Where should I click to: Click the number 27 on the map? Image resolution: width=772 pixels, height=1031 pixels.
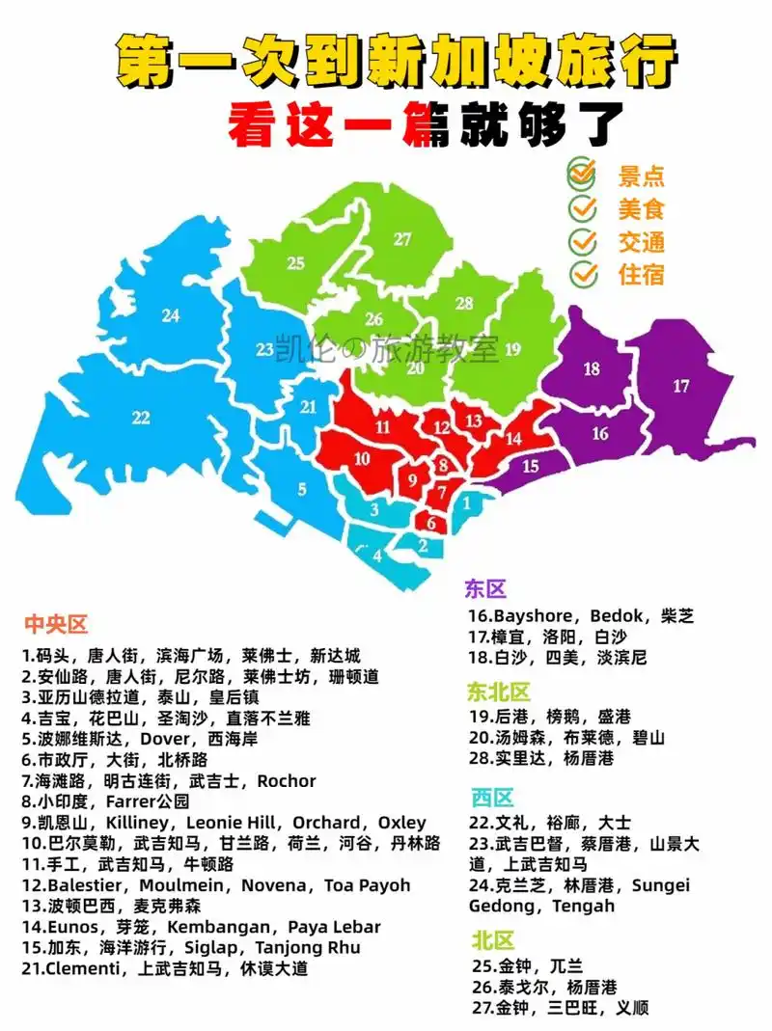pos(402,239)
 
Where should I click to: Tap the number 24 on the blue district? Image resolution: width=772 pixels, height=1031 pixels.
pos(171,314)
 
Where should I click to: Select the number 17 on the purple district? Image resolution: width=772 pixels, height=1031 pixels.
pos(681,386)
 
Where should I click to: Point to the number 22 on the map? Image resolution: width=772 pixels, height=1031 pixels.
pos(142,417)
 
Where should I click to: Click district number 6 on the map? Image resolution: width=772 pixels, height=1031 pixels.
pos(431,525)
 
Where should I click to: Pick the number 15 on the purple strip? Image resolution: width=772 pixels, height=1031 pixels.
pos(531,466)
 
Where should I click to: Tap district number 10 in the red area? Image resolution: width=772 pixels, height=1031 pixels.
pos(362,459)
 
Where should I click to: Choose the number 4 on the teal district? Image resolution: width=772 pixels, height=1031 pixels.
pos(377,556)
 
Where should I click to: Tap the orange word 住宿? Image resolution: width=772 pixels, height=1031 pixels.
pos(641,274)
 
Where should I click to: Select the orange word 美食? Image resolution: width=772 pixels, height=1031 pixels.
pos(641,208)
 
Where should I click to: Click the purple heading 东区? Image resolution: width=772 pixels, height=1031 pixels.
pos(485,589)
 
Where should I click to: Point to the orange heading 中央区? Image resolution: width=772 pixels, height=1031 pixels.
pos(56,624)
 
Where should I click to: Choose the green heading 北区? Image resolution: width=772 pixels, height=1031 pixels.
pos(493,940)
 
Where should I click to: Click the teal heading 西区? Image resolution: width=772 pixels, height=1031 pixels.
pos(493,798)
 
